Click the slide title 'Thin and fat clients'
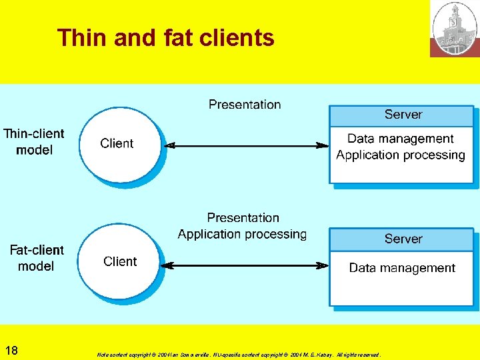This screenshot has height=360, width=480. click(x=165, y=38)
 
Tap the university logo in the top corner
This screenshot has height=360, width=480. click(x=455, y=29)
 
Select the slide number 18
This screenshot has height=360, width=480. click(x=11, y=351)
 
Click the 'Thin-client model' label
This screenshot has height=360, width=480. click(x=34, y=141)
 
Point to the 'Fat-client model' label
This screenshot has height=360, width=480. click(x=36, y=258)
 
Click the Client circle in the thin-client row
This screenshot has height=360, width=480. click(x=119, y=144)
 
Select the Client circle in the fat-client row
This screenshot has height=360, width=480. click(x=120, y=261)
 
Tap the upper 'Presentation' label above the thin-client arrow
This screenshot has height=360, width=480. click(x=245, y=105)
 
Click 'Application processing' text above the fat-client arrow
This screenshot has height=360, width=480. click(x=242, y=234)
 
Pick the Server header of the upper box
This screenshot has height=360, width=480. click(x=403, y=115)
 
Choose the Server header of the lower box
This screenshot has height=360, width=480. click(x=403, y=239)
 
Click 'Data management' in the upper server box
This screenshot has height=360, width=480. click(x=400, y=139)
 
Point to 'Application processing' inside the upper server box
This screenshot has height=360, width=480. click(x=400, y=155)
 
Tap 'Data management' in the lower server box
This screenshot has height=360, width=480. click(x=402, y=268)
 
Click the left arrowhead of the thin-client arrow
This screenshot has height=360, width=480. click(x=169, y=145)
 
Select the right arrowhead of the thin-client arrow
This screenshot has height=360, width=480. click(x=323, y=145)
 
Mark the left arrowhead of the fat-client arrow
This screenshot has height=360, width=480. click(x=169, y=265)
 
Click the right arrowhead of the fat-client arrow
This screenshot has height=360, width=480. click(x=323, y=265)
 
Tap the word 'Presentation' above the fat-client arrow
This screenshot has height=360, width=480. click(x=243, y=218)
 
